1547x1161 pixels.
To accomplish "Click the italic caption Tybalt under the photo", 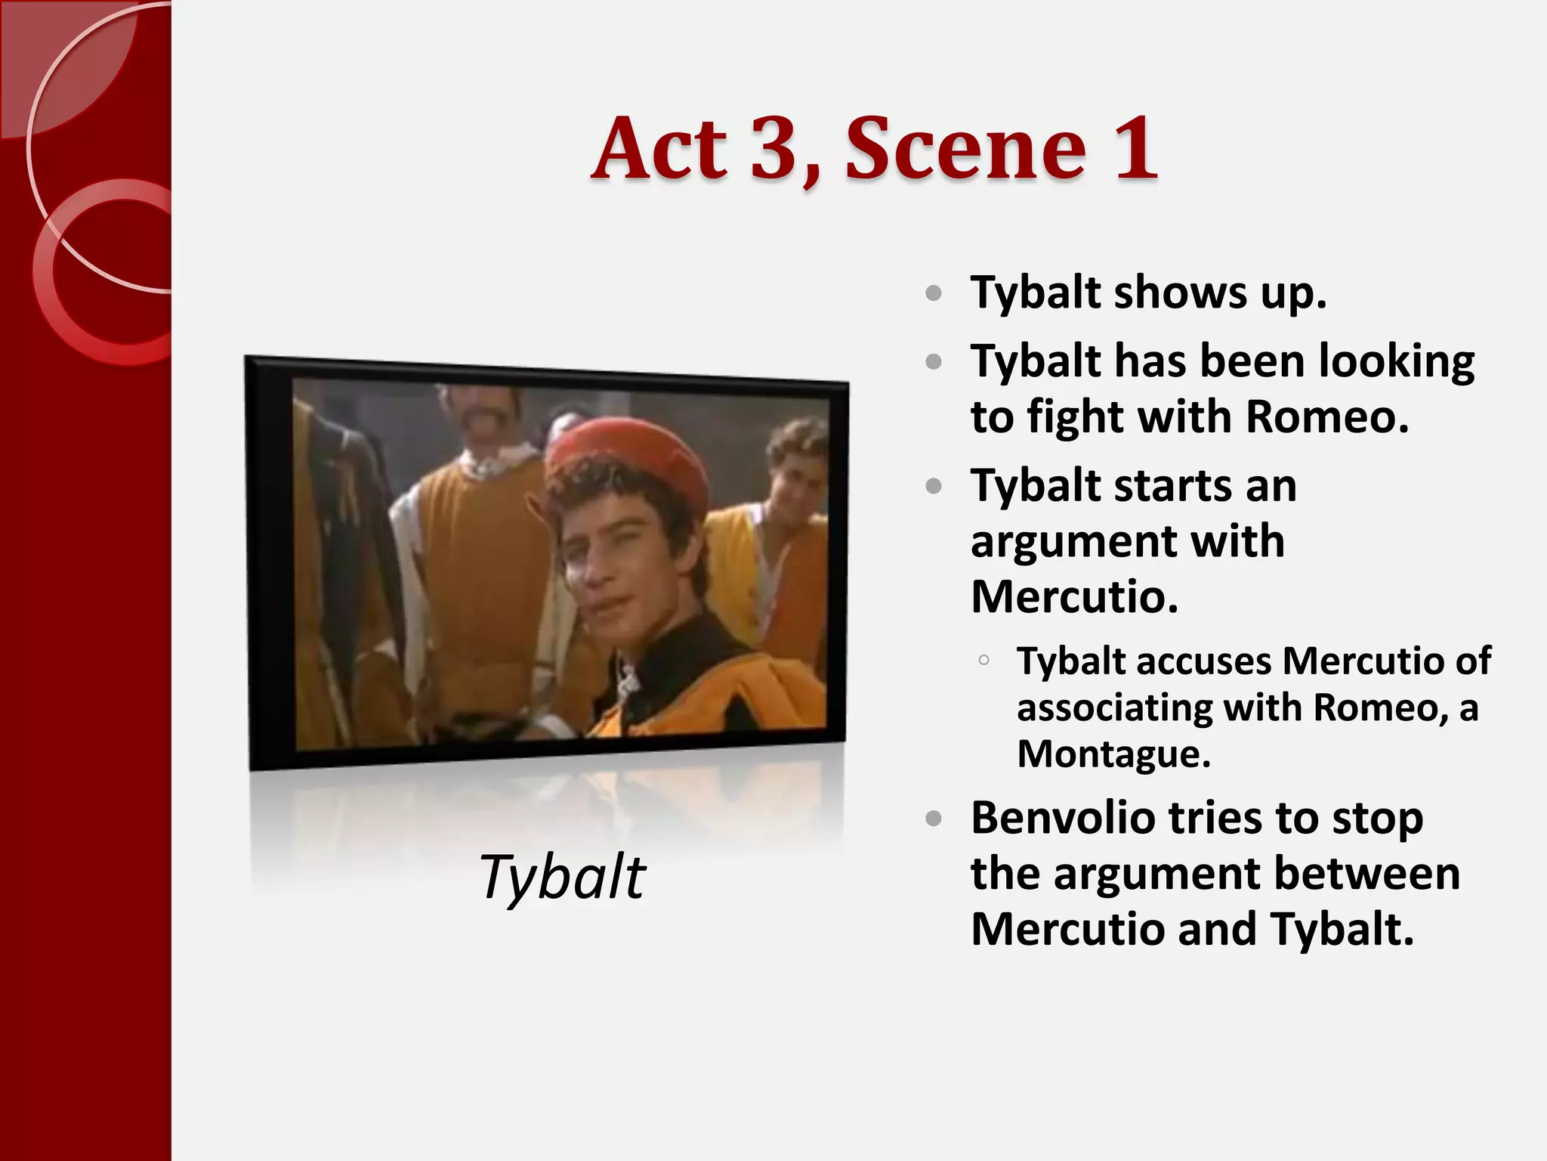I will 562,877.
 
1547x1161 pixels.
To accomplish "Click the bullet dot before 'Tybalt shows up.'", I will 934,293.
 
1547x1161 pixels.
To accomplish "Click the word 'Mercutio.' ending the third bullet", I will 1074,597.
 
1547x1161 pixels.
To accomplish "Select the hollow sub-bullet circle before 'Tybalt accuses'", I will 983,661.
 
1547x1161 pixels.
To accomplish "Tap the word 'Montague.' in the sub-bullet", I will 1113,754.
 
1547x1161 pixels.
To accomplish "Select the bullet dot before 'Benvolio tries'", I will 934,819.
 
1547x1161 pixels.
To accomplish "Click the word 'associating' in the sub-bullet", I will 1113,708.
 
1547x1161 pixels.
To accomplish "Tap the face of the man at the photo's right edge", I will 793,472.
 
